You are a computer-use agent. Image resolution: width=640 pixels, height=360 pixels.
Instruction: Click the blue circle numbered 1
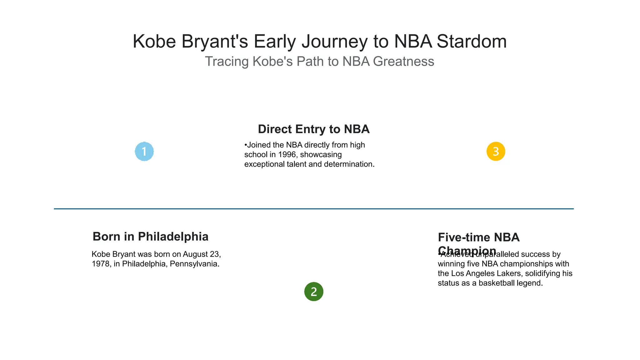144,152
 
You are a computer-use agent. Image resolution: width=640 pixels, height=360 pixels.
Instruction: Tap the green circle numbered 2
313,292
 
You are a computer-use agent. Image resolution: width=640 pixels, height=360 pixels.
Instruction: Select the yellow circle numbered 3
496,152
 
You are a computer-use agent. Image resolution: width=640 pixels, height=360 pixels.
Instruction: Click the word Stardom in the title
472,41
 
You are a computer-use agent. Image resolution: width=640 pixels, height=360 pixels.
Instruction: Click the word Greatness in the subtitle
403,61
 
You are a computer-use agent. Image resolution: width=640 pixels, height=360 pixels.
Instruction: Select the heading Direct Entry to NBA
313,129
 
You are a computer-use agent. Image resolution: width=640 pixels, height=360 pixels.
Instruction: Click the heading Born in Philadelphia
150,237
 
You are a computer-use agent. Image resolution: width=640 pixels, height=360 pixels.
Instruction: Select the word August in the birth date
195,254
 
